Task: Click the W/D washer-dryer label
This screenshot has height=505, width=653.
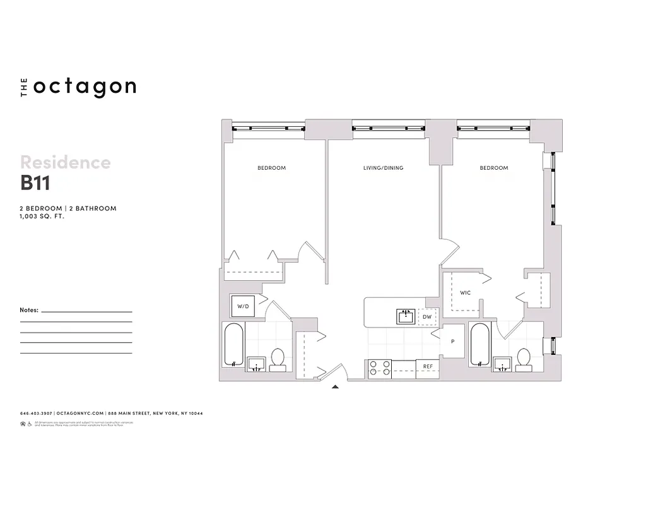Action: click(243, 306)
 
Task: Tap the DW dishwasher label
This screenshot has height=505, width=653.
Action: click(427, 316)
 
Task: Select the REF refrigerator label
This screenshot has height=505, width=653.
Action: click(428, 367)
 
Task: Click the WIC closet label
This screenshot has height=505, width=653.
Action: click(465, 293)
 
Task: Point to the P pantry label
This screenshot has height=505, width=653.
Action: click(452, 342)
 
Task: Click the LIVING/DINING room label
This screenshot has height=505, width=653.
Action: click(383, 168)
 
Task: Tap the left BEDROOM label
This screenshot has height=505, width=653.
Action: click(271, 168)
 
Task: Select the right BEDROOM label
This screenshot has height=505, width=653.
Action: click(493, 168)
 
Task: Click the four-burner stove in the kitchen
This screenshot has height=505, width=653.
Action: click(379, 368)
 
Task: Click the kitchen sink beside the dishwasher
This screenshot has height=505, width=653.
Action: click(405, 316)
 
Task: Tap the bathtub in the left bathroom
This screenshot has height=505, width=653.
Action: click(233, 345)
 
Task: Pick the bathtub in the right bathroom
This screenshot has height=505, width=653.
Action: click(479, 345)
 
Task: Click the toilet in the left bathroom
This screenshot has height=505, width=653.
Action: click(278, 359)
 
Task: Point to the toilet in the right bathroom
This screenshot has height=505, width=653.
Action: click(523, 359)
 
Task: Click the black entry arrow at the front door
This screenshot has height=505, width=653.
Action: click(336, 386)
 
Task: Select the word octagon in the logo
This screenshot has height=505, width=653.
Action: click(85, 87)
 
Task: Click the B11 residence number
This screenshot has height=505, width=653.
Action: click(35, 183)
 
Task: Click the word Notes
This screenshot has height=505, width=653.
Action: click(30, 311)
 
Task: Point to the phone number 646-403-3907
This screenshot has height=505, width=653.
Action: click(37, 413)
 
